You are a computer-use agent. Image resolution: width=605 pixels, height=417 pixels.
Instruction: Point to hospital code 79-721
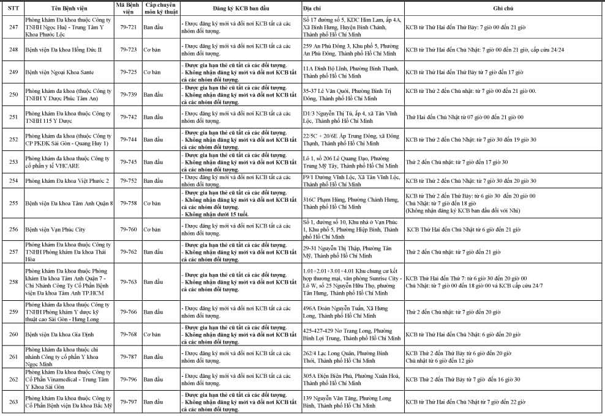pyautogui.click(x=129, y=28)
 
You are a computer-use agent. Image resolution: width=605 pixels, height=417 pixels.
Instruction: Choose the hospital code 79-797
pyautogui.click(x=129, y=402)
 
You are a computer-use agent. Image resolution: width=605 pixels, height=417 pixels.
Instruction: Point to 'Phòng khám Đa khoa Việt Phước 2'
pyautogui.click(x=67, y=181)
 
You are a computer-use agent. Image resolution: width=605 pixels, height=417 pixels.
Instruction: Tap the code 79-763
pyautogui.click(x=129, y=282)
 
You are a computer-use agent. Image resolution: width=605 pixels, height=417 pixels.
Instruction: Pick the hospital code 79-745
pyautogui.click(x=129, y=162)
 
